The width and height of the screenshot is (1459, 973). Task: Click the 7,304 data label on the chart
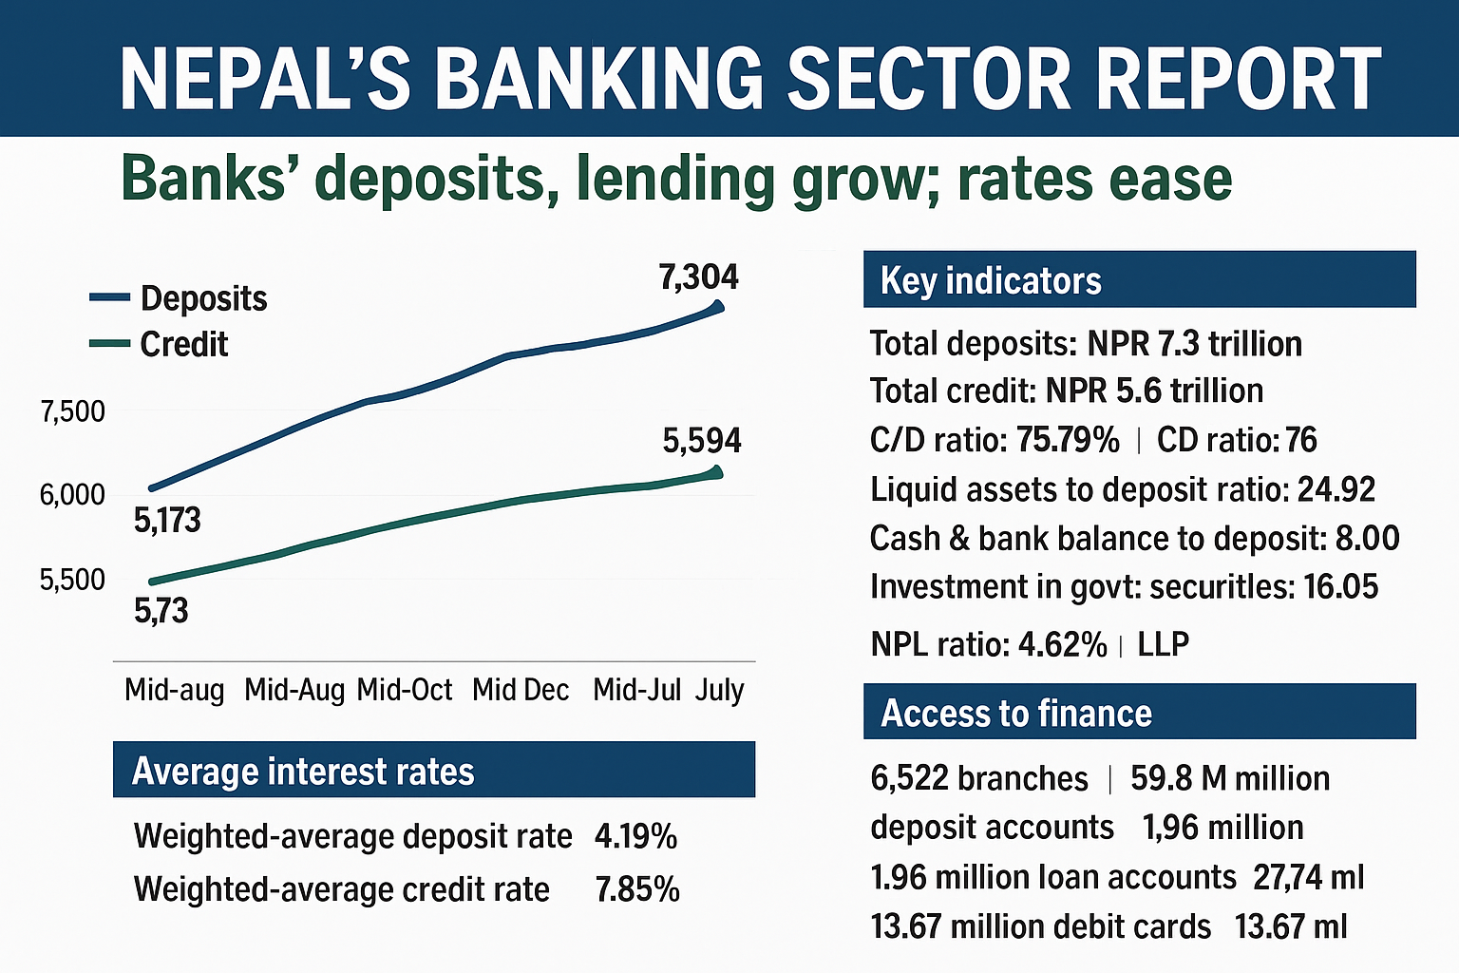pos(698,277)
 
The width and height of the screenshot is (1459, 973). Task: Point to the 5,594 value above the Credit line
pos(702,441)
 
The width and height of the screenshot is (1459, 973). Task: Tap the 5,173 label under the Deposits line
pos(167,521)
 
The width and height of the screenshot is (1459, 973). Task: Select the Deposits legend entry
pos(203,298)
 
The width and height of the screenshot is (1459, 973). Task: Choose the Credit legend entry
pos(183,344)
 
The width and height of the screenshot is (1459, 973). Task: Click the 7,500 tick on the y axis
pos(72,412)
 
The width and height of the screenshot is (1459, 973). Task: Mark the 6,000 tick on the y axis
pos(72,495)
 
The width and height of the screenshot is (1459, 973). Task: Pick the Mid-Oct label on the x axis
pos(405,690)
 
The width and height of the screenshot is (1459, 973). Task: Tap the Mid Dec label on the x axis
pos(521,690)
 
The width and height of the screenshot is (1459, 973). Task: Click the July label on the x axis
pos(719,690)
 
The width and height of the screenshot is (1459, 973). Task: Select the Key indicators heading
pos(991,281)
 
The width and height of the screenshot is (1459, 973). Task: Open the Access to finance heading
pos(1016,713)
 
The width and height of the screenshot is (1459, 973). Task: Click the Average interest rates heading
pos(303,772)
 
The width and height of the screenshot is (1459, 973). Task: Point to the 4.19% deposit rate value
pos(635,836)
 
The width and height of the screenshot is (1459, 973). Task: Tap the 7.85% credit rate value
pos(637,889)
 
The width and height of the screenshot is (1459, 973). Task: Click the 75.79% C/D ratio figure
pos(1068,440)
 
